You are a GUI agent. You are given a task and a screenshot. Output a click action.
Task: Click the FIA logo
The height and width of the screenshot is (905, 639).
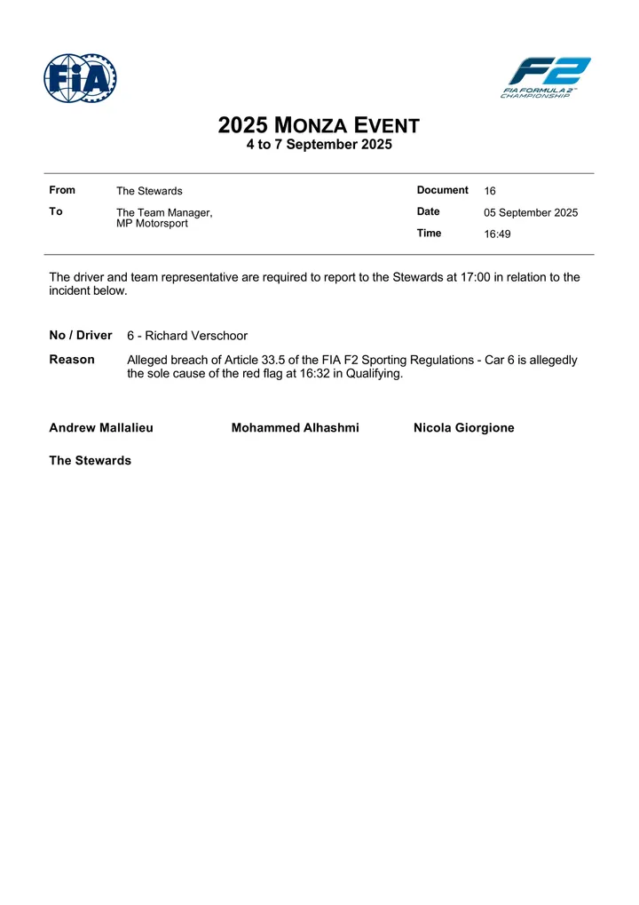click(x=80, y=78)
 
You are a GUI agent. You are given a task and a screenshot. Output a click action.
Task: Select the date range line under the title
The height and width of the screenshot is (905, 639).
click(x=319, y=144)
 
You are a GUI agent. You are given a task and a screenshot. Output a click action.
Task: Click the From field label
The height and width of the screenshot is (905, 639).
click(x=62, y=190)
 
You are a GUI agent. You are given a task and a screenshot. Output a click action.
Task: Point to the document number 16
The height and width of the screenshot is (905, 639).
click(x=490, y=191)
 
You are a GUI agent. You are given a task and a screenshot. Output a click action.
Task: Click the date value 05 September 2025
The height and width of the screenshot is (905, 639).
click(x=531, y=213)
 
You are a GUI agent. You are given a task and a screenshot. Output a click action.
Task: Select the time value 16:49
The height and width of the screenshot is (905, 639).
click(x=497, y=234)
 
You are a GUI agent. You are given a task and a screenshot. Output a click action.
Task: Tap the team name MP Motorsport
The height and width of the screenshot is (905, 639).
click(x=152, y=224)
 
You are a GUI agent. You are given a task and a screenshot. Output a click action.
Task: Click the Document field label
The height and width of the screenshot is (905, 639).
click(x=442, y=190)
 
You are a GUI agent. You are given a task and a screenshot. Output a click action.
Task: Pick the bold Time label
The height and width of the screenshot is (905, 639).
click(x=429, y=234)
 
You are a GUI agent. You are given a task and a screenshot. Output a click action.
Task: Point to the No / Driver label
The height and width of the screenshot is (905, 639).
click(x=81, y=336)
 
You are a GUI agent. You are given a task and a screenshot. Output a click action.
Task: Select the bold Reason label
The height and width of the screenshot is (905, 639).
click(x=72, y=360)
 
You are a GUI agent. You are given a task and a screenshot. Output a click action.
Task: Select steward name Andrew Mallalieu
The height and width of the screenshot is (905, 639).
click(x=101, y=428)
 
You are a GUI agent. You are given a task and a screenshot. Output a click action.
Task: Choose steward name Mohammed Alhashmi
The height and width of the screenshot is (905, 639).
click(x=295, y=428)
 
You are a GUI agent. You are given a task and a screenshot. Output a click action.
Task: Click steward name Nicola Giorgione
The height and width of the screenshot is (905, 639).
click(x=463, y=428)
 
